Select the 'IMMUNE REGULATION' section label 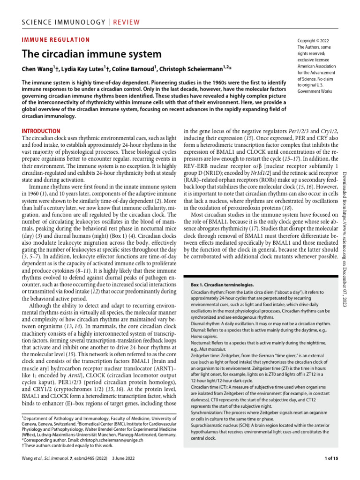(56, 40)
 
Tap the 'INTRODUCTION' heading (41, 131)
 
